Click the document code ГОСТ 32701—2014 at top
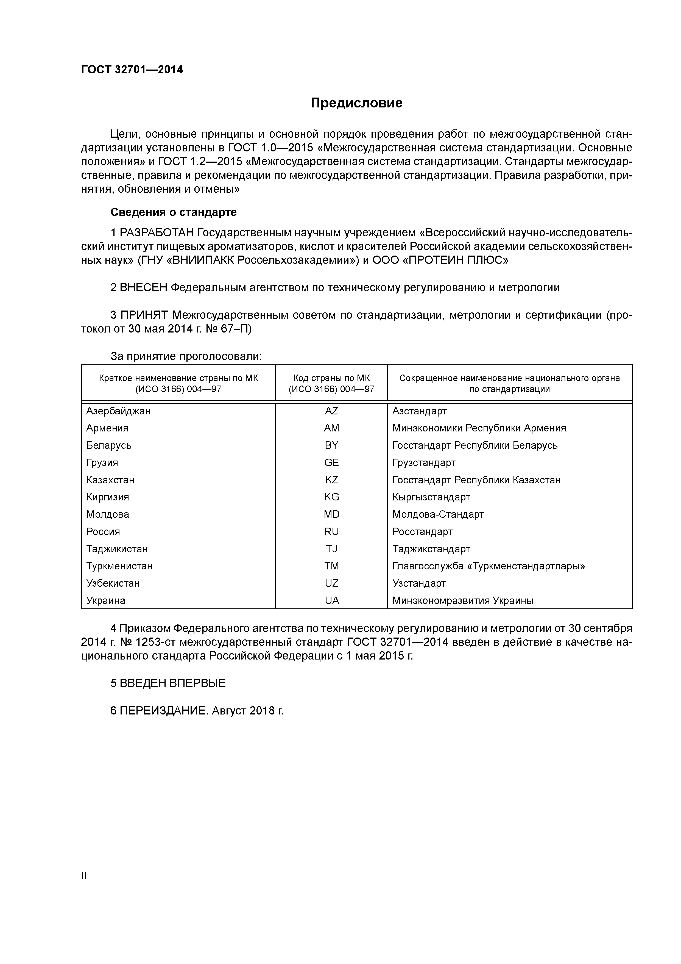click(x=132, y=70)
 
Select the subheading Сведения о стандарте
click(x=173, y=212)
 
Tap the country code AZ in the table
click(x=331, y=411)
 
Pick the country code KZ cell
click(x=331, y=480)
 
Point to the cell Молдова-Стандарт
click(x=438, y=514)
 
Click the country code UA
click(x=331, y=601)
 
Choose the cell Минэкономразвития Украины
click(x=462, y=601)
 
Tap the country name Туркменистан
click(x=119, y=566)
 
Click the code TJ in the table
click(x=331, y=549)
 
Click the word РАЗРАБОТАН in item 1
click(x=157, y=233)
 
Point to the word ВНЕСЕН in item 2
click(x=144, y=288)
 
